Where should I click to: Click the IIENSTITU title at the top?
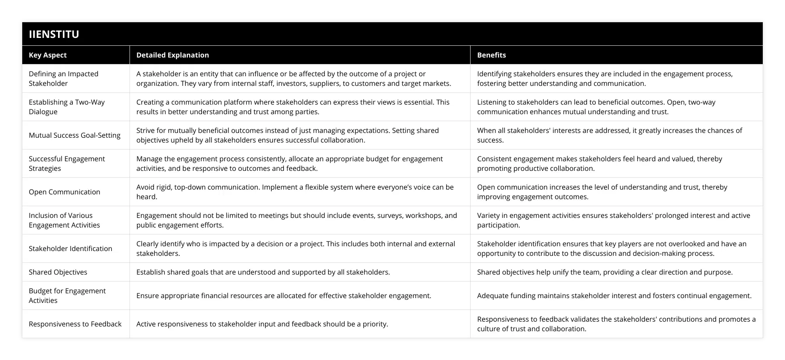click(54, 34)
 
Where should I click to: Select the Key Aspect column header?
click(48, 55)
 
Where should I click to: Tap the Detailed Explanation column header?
click(172, 55)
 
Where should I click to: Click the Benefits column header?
click(491, 55)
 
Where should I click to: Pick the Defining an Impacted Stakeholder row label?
click(64, 78)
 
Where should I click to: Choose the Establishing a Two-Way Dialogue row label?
click(67, 107)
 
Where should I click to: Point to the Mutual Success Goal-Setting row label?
click(75, 135)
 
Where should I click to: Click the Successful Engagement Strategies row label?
click(67, 163)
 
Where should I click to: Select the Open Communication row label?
click(65, 192)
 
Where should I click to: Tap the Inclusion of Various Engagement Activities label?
click(64, 220)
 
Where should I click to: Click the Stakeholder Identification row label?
click(70, 248)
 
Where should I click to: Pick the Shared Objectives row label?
click(58, 272)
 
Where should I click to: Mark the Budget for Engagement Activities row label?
click(67, 295)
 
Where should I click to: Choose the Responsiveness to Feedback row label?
click(75, 324)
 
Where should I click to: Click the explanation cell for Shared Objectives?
click(263, 272)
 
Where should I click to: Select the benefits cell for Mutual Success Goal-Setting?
click(609, 135)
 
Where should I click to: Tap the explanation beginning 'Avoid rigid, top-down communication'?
click(295, 192)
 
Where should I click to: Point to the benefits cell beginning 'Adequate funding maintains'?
click(614, 295)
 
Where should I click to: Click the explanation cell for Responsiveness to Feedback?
click(262, 324)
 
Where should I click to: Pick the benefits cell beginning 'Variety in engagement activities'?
click(613, 220)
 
